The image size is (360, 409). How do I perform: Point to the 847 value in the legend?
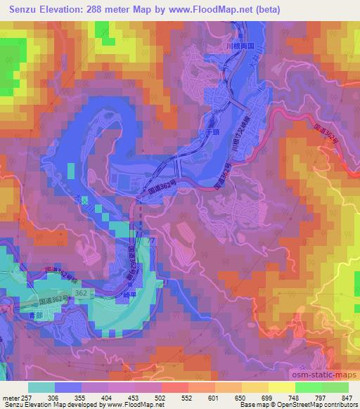coord(346,397)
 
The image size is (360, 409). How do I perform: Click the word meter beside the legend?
coord(11,397)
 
